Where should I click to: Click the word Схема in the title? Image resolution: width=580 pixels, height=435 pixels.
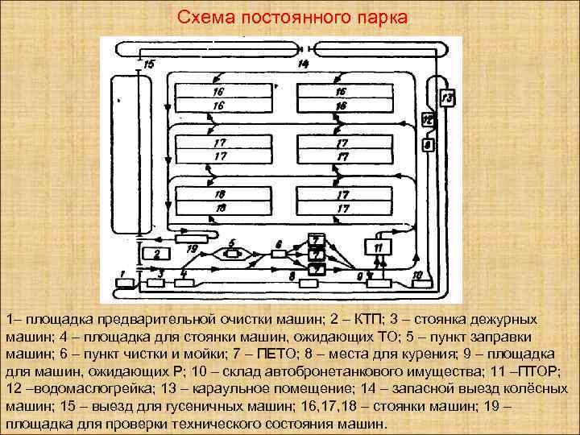pos(201,17)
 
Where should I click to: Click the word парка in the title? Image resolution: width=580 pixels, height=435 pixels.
pos(383,17)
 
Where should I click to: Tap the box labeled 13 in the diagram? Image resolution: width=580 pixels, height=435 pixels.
pos(447,98)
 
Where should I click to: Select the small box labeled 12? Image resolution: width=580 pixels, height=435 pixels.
pos(427,121)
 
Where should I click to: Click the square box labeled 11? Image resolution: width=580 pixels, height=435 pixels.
pos(379,246)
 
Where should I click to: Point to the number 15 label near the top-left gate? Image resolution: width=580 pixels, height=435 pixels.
pos(150,64)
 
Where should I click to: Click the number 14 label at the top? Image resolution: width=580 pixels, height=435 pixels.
pos(303,63)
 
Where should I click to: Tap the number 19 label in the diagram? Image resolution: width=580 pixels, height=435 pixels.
pos(192,250)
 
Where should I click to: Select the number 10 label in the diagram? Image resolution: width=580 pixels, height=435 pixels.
pos(416,274)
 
